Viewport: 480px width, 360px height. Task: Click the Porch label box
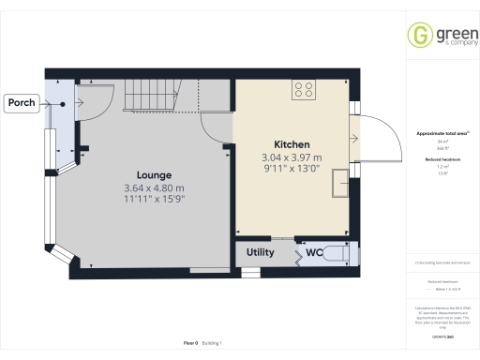pyautogui.click(x=21, y=101)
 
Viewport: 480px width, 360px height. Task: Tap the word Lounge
pyautogui.click(x=154, y=174)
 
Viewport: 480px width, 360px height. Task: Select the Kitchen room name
pyautogui.click(x=292, y=144)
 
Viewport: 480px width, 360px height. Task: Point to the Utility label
pyautogui.click(x=261, y=253)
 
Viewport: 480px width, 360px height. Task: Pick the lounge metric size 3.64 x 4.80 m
pyautogui.click(x=154, y=188)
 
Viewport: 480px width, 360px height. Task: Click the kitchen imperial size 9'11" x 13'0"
pyautogui.click(x=291, y=171)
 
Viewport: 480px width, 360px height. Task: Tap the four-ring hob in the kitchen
pyautogui.click(x=304, y=90)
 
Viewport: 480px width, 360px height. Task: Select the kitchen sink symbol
pyautogui.click(x=338, y=187)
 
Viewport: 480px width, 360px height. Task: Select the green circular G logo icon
pyautogui.click(x=418, y=36)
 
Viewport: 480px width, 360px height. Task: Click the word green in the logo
pyautogui.click(x=444, y=32)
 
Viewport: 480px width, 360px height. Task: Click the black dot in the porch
pyautogui.click(x=63, y=105)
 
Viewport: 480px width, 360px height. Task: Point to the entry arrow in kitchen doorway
pyautogui.click(x=353, y=138)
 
